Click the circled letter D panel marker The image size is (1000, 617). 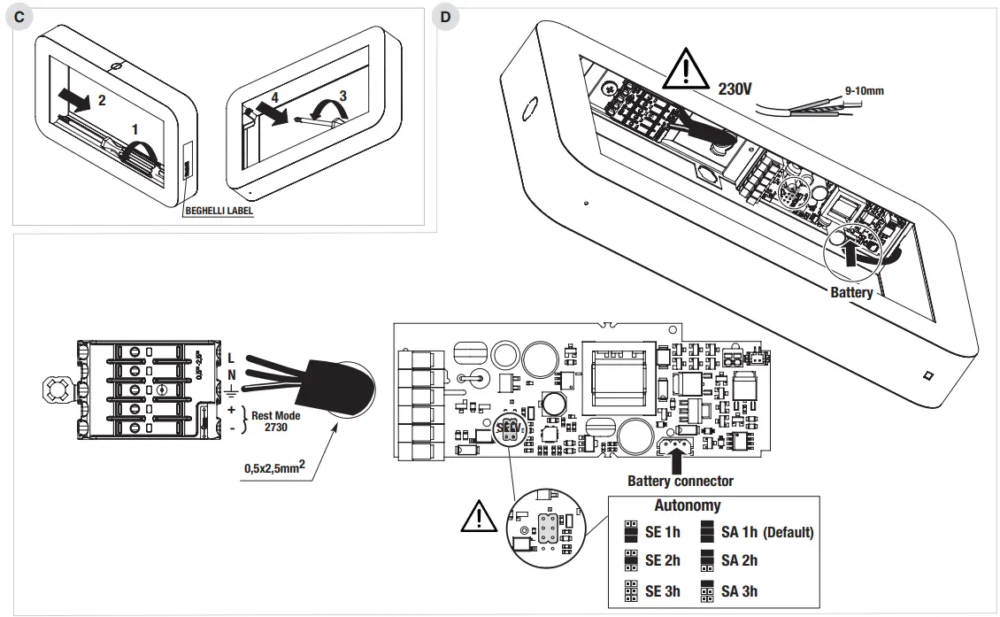pos(445,17)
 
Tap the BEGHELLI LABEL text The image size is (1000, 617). pos(220,212)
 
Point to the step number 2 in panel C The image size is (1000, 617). pos(102,101)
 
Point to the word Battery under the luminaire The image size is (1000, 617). pos(851,292)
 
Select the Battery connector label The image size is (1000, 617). pos(680,481)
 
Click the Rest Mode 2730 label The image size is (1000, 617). pos(275,420)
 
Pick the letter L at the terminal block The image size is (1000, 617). pos(231,358)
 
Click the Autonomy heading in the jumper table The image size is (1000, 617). pos(687,506)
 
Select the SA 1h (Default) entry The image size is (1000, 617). pos(766,532)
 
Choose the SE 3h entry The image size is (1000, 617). pos(662,590)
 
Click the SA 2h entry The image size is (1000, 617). pos(739,560)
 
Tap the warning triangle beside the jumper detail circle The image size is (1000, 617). pos(478,517)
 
